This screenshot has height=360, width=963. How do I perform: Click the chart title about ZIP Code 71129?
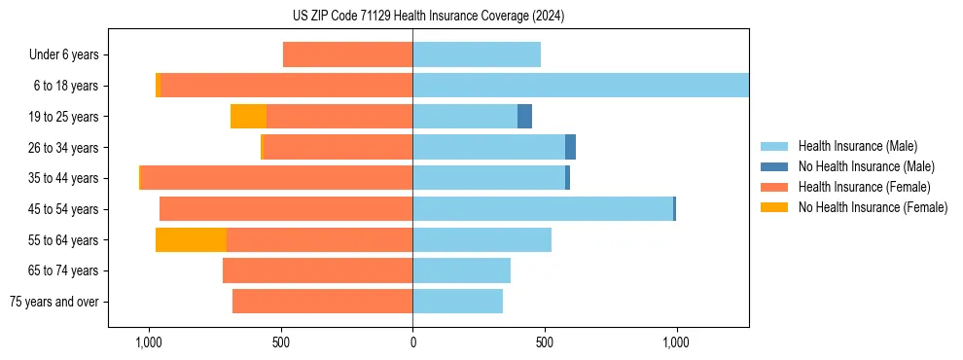pyautogui.click(x=428, y=16)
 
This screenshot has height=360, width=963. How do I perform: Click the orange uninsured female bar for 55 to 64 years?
pyautogui.click(x=191, y=240)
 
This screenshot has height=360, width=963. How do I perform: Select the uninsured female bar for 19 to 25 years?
pyautogui.click(x=248, y=117)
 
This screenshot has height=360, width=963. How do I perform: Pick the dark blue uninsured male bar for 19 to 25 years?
pyautogui.click(x=524, y=117)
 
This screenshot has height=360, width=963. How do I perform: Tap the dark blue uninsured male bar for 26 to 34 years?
pyautogui.click(x=570, y=148)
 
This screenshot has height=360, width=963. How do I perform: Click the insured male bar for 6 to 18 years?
pyautogui.click(x=580, y=86)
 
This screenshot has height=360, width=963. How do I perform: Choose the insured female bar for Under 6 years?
pyautogui.click(x=347, y=55)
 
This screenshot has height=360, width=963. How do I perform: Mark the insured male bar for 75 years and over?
pyautogui.click(x=457, y=302)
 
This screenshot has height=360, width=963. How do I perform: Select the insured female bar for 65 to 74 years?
pyautogui.click(x=317, y=270)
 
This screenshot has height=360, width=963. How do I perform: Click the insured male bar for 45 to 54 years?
pyautogui.click(x=542, y=209)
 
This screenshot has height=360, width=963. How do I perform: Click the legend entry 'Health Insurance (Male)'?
pyautogui.click(x=857, y=146)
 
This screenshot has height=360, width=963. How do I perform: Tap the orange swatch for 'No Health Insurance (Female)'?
pyautogui.click(x=774, y=207)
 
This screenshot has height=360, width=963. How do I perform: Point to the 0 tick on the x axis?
pyautogui.click(x=412, y=343)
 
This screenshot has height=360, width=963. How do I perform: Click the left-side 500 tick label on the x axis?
pyautogui.click(x=280, y=343)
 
